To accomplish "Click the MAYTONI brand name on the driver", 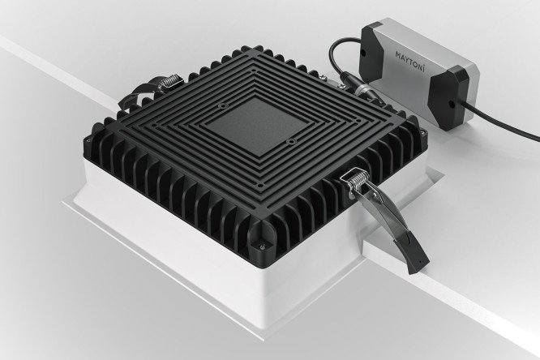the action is [x=409, y=61].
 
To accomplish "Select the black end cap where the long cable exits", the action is [x=447, y=98].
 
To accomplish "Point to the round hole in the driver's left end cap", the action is [x=363, y=53].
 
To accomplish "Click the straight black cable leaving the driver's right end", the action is [x=503, y=120].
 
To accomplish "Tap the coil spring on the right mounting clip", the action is [x=358, y=180].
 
